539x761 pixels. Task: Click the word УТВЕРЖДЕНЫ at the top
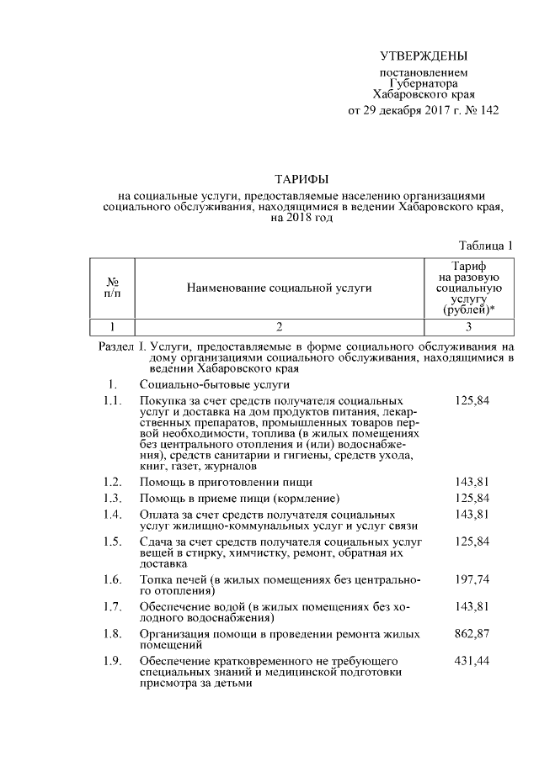tap(422, 57)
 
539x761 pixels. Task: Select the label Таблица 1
tap(486, 246)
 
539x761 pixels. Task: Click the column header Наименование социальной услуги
tap(280, 288)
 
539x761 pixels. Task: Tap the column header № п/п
tap(112, 288)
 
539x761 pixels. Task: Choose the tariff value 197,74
tap(472, 580)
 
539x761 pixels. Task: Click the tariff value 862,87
tap(472, 633)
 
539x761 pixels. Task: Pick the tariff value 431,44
tap(472, 660)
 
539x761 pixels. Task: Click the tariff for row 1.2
tap(472, 483)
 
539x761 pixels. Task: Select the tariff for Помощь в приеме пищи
tap(472, 499)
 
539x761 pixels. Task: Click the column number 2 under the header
tap(280, 325)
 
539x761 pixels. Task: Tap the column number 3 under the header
tap(472, 325)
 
